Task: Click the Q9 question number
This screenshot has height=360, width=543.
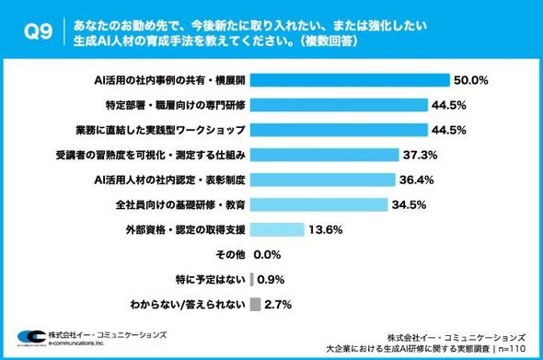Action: click(38, 31)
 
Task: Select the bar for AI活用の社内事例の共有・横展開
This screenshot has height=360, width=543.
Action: click(350, 80)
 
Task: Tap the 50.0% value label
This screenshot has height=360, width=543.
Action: click(471, 80)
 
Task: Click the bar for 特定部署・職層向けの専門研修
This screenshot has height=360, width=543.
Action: click(339, 105)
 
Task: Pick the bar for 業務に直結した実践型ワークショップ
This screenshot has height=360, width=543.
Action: click(339, 130)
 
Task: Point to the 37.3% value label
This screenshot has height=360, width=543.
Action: click(420, 155)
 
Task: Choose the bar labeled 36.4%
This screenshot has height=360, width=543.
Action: click(322, 180)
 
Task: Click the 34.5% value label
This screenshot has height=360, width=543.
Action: click(409, 204)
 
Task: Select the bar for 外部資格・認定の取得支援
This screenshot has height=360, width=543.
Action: click(277, 230)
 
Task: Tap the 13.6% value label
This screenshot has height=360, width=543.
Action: click(326, 230)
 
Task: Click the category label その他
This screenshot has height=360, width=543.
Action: click(230, 255)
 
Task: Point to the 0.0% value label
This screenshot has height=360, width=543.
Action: click(267, 255)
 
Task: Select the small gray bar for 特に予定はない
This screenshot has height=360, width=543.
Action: click(252, 280)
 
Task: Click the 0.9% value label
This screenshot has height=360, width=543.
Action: click(271, 280)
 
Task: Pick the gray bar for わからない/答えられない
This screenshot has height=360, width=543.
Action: click(255, 305)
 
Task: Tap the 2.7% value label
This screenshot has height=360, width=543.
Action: click(278, 305)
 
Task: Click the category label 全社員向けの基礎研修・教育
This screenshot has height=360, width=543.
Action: click(180, 204)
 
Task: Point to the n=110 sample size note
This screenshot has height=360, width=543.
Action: click(512, 349)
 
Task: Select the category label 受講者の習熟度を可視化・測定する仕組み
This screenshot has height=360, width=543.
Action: click(151, 155)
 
